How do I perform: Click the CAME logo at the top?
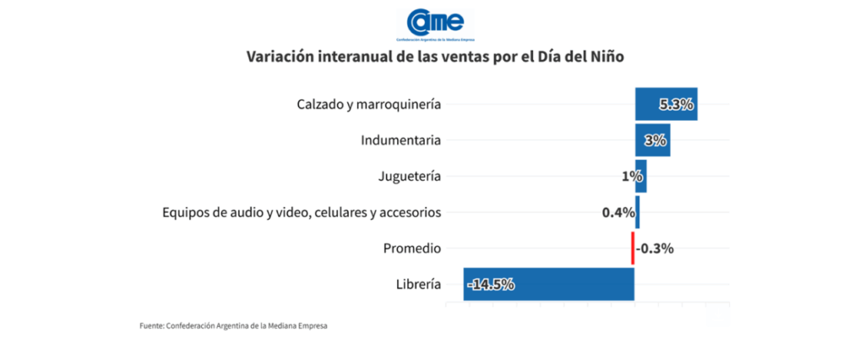pos(434,24)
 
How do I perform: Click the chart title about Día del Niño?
pos(434,57)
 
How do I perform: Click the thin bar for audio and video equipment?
pos(638,212)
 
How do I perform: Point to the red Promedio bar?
pos(632,248)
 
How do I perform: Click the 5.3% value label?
pos(677,105)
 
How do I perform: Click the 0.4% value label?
pos(618,212)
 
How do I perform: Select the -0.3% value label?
pos(656,248)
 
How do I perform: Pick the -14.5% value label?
pos(491,284)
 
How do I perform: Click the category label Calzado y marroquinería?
pos(369,105)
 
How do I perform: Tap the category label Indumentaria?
pos(400,140)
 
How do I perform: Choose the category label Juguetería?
pos(410,177)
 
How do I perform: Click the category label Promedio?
pos(411,248)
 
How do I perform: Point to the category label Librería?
pos(417,284)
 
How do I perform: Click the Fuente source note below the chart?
pos(233,325)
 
